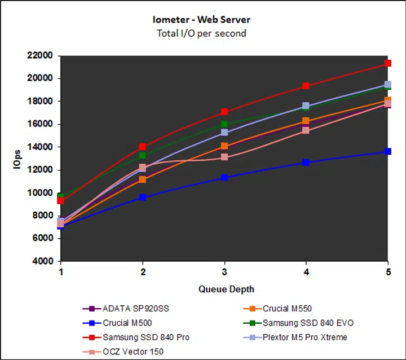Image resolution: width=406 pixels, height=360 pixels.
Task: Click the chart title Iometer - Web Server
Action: (x=202, y=20)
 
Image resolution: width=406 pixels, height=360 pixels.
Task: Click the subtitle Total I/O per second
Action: (x=202, y=33)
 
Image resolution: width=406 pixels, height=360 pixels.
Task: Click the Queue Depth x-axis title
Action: (x=226, y=289)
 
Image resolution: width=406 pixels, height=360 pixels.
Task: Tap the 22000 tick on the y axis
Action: (x=39, y=56)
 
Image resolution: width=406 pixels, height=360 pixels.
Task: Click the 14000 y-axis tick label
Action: (x=39, y=147)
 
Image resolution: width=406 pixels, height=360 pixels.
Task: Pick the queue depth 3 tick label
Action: (x=224, y=272)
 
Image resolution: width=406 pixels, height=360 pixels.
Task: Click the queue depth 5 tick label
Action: (x=388, y=272)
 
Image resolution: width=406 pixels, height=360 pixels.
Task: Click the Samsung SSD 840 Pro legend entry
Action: (x=145, y=337)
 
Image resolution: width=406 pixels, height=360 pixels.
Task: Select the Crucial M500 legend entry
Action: (x=126, y=323)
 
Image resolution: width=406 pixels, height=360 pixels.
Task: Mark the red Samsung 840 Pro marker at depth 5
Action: (x=388, y=63)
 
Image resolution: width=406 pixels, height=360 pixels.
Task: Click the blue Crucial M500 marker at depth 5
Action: (x=388, y=151)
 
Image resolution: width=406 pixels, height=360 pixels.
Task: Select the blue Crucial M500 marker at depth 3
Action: (x=224, y=177)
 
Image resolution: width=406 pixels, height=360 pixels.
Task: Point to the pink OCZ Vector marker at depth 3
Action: (x=224, y=157)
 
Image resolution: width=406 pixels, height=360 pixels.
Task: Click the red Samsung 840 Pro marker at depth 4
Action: (x=306, y=86)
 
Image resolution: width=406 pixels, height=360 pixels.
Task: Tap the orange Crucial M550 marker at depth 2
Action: (x=143, y=179)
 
